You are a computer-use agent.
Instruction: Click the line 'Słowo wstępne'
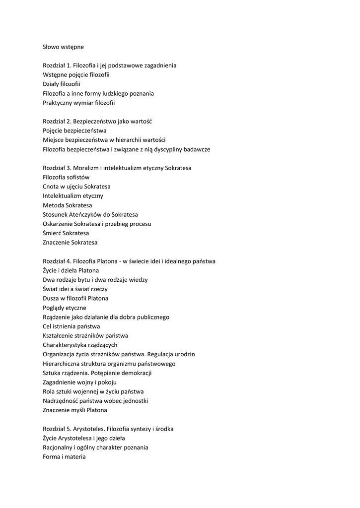click(63, 47)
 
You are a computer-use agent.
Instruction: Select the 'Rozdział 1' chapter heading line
click(109, 65)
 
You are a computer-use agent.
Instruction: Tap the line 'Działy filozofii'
click(62, 84)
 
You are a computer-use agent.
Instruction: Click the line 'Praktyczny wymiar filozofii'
click(78, 103)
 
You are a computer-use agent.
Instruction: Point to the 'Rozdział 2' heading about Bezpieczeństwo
click(103, 121)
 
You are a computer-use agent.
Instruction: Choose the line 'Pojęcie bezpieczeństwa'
click(74, 130)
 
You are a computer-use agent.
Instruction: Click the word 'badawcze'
click(198, 149)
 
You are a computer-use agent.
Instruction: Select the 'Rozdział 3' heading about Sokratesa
click(117, 168)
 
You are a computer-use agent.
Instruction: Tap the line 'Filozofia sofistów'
click(66, 177)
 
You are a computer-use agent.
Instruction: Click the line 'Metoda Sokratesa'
click(67, 205)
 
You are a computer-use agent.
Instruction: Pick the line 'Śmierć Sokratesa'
click(66, 233)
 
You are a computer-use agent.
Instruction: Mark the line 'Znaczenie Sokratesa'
click(70, 243)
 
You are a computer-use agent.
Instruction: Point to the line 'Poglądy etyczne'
click(65, 308)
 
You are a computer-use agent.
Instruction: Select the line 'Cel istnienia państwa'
click(71, 326)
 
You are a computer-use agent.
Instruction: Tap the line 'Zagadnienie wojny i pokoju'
click(79, 382)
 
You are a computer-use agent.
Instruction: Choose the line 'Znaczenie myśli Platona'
click(74, 410)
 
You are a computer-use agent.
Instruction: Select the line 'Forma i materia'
click(64, 457)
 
